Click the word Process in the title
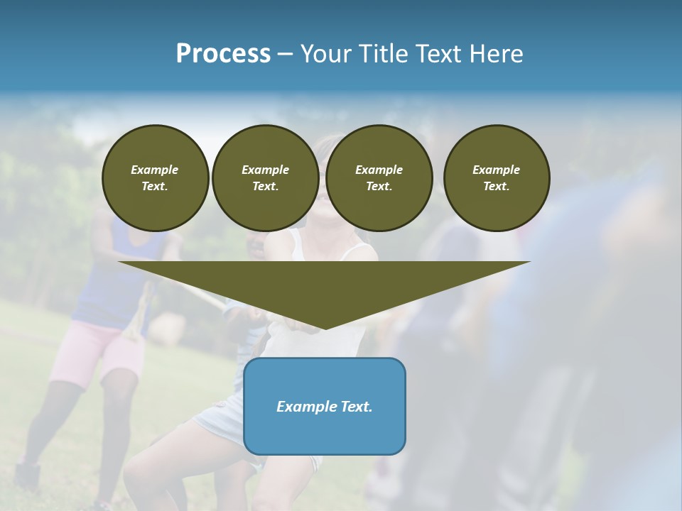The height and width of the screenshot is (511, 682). [223, 54]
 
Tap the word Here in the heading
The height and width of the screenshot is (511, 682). [494, 54]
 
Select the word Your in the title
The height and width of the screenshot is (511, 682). [324, 54]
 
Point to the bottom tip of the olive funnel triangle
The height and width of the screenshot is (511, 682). [325, 328]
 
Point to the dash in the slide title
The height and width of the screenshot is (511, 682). [286, 54]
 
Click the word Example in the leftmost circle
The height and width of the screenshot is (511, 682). [155, 170]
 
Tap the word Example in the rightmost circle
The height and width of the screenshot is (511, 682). [496, 170]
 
